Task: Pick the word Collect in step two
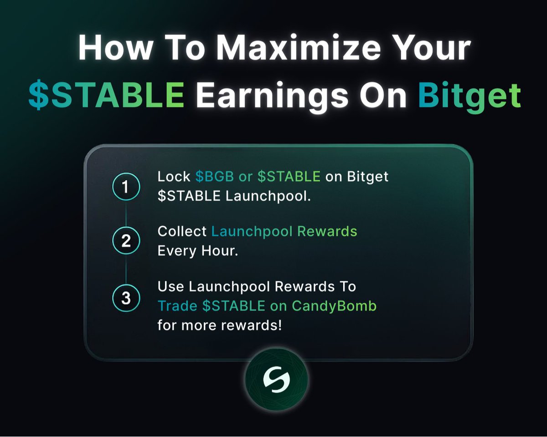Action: pos(182,231)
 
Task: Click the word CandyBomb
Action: pos(334,306)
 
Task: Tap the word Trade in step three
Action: pos(178,306)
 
